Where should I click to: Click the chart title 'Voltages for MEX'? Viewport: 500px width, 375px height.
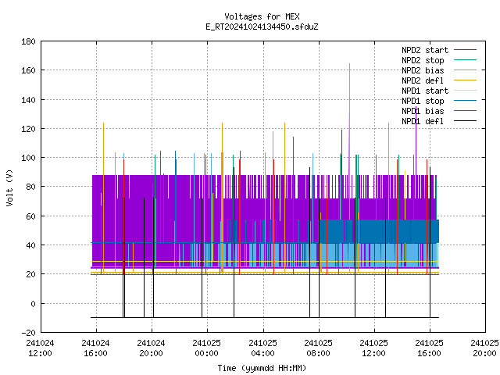point(262,16)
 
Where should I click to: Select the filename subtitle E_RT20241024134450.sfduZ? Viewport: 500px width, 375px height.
point(262,27)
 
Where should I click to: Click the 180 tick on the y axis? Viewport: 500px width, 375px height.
point(28,41)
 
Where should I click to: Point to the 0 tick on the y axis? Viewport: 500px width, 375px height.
point(33,304)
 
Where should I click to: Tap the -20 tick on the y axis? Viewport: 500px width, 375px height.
point(28,333)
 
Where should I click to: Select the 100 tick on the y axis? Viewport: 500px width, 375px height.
point(28,158)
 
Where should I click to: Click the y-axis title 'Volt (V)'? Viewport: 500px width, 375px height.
point(10,188)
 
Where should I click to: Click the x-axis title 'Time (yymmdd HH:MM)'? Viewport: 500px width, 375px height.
point(262,368)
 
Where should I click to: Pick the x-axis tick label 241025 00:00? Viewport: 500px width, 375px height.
point(207,348)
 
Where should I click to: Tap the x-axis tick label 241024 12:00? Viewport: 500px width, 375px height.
point(40,348)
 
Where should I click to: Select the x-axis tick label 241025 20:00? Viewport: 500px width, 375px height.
point(484,348)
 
